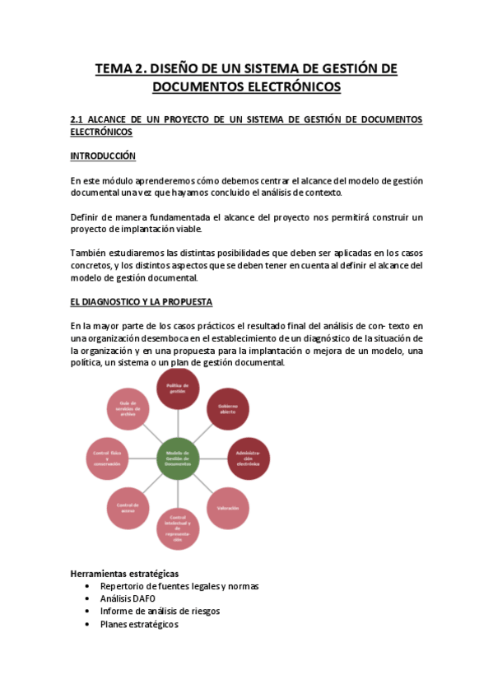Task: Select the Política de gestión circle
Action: (178, 389)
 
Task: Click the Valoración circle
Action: (228, 508)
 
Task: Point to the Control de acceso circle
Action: (128, 508)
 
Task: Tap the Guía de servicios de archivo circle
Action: (128, 410)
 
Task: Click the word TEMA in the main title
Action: (114, 69)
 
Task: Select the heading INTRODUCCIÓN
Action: (103, 156)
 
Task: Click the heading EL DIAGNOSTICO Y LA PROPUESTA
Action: (142, 302)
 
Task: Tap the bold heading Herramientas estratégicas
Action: (124, 573)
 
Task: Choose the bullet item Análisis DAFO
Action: (128, 598)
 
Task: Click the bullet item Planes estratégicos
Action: (138, 624)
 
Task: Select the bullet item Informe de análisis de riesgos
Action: (160, 611)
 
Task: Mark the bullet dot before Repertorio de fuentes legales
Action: (87, 586)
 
